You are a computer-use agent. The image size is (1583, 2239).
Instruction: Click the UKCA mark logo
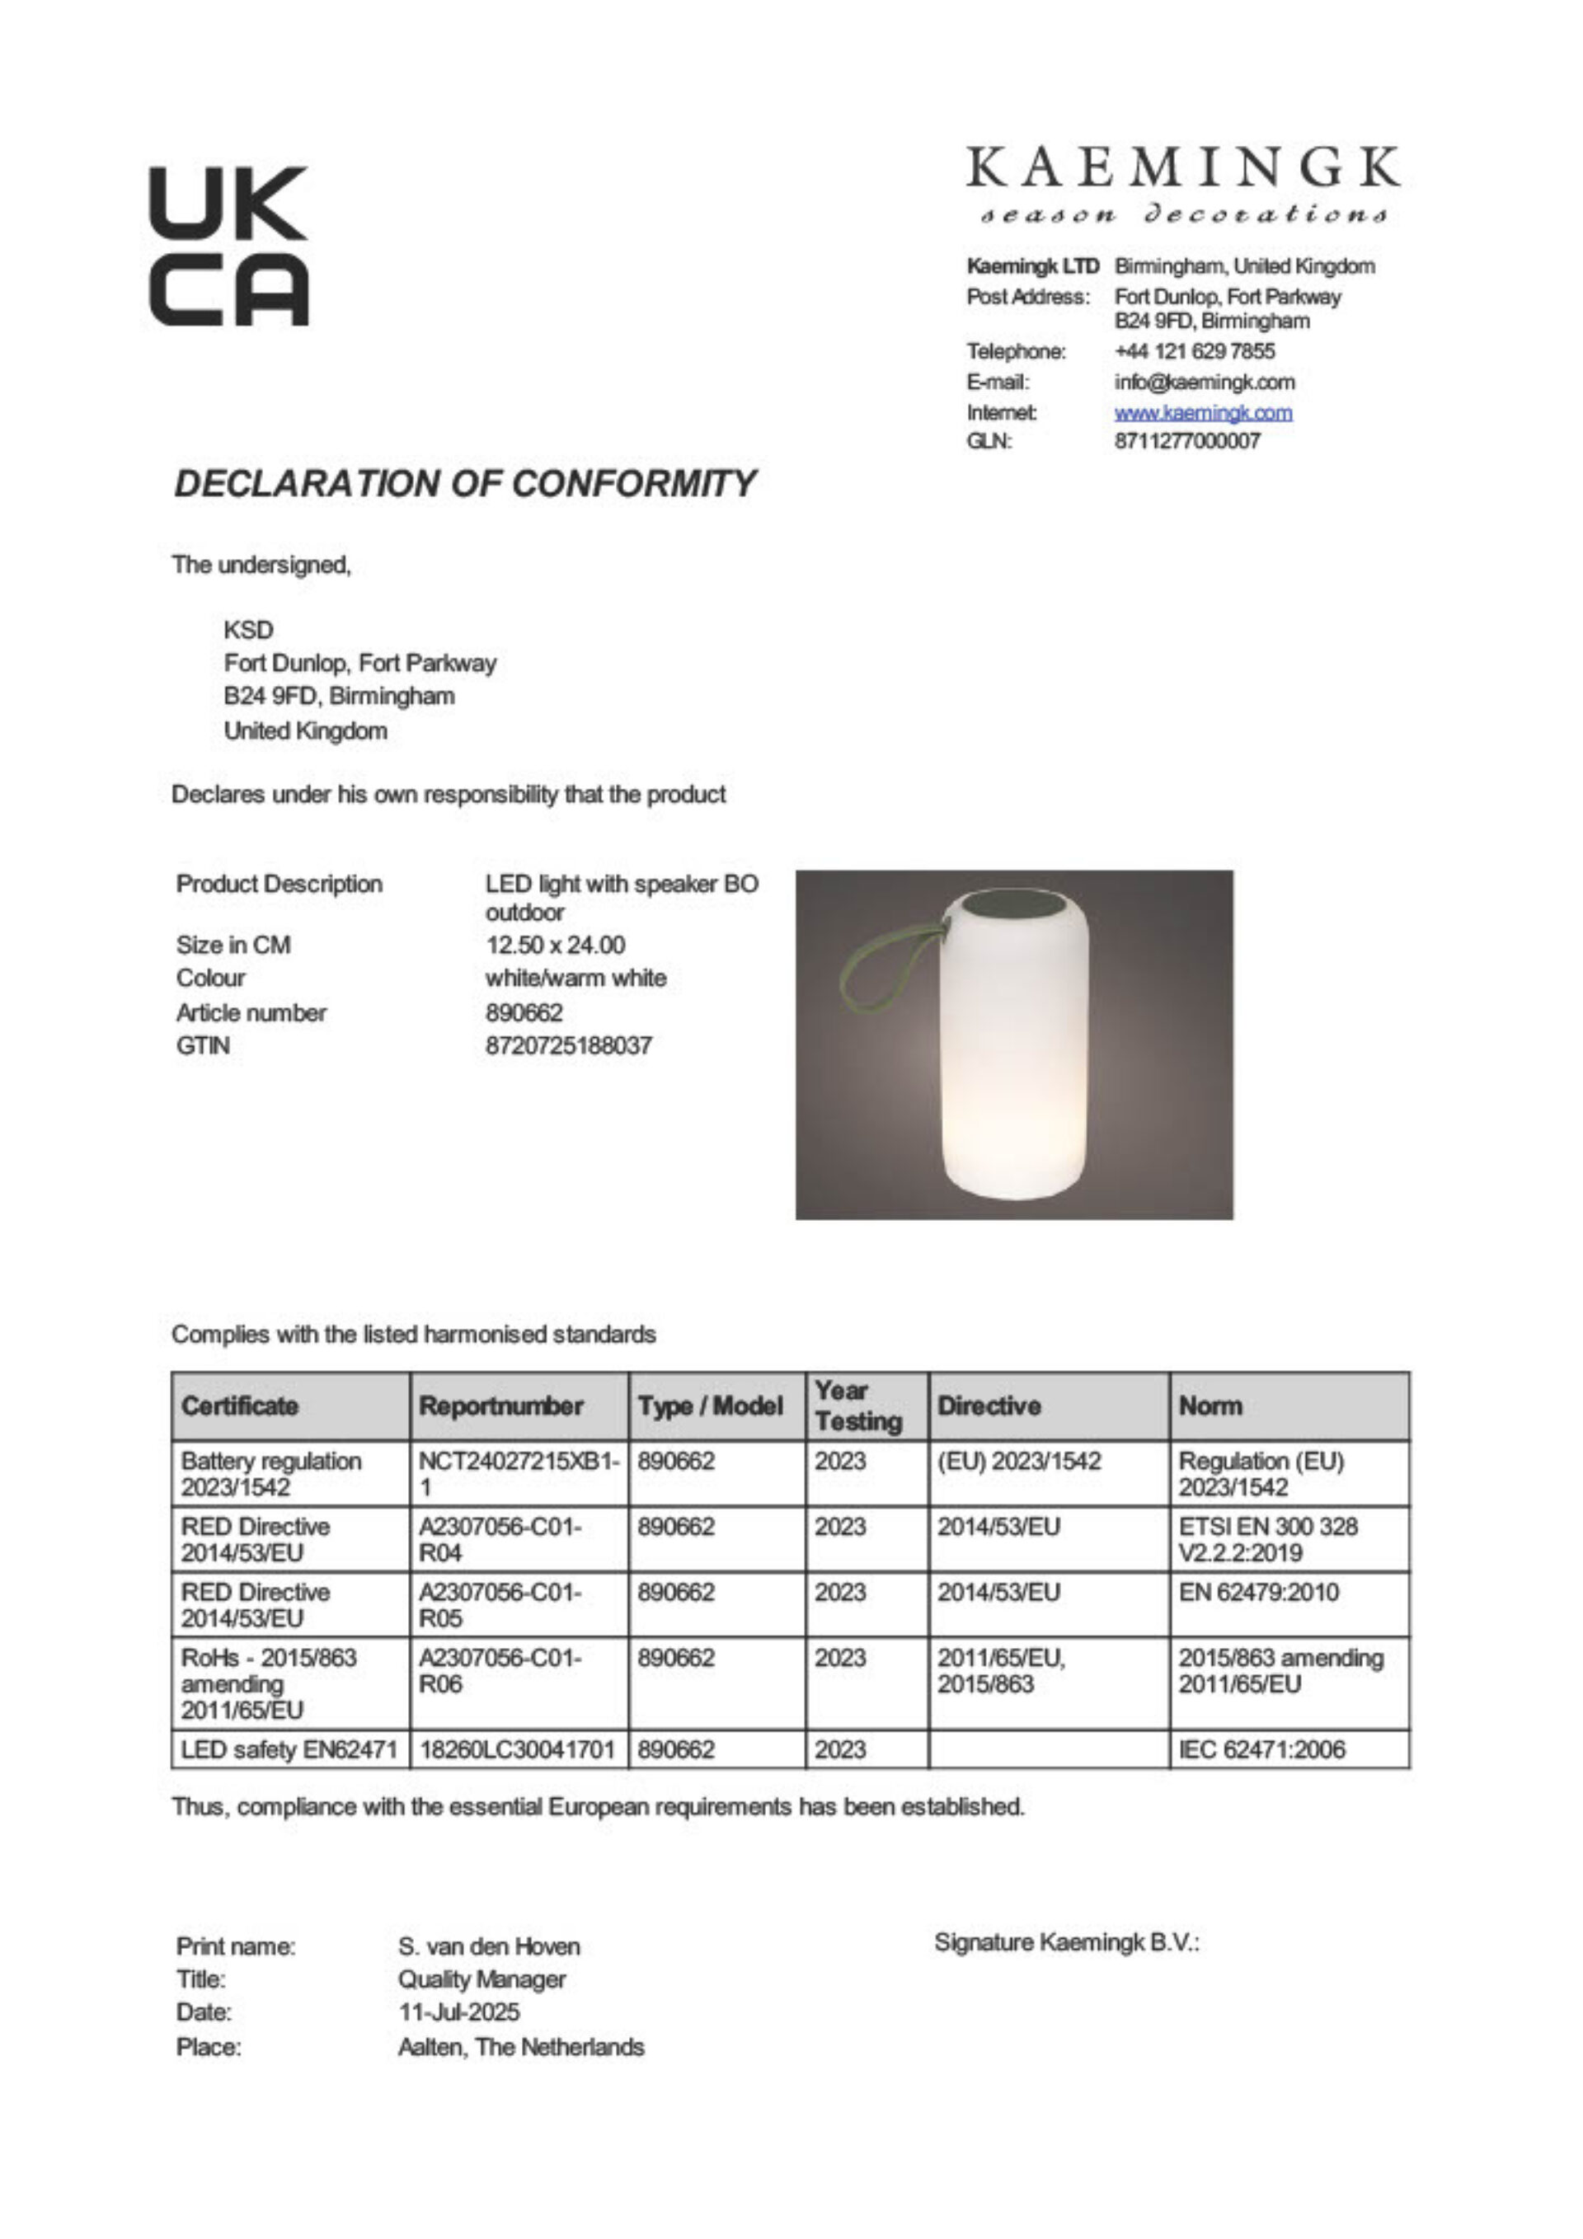(228, 245)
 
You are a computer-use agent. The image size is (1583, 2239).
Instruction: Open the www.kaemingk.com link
(1203, 412)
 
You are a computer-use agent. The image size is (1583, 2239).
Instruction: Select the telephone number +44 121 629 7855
(1194, 351)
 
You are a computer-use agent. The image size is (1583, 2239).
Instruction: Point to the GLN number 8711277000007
(1187, 441)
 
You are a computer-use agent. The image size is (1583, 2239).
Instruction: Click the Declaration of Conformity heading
(464, 484)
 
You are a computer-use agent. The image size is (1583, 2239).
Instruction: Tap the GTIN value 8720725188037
(568, 1045)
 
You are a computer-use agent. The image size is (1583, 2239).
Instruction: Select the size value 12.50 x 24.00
(555, 945)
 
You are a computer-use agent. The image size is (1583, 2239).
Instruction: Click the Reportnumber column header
(500, 1406)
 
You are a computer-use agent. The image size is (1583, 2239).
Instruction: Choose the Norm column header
(1210, 1406)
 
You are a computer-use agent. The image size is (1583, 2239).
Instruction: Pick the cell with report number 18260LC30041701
(517, 1748)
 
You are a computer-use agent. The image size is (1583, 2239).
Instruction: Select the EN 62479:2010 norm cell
(1258, 1592)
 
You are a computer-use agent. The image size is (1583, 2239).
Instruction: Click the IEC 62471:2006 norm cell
(1261, 1748)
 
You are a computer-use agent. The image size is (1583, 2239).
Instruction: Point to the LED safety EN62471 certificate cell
(289, 1748)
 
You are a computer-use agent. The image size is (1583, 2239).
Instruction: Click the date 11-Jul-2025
(458, 2011)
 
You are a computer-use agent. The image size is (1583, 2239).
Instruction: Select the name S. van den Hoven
(489, 1946)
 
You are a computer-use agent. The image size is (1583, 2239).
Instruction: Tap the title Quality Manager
(481, 1979)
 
